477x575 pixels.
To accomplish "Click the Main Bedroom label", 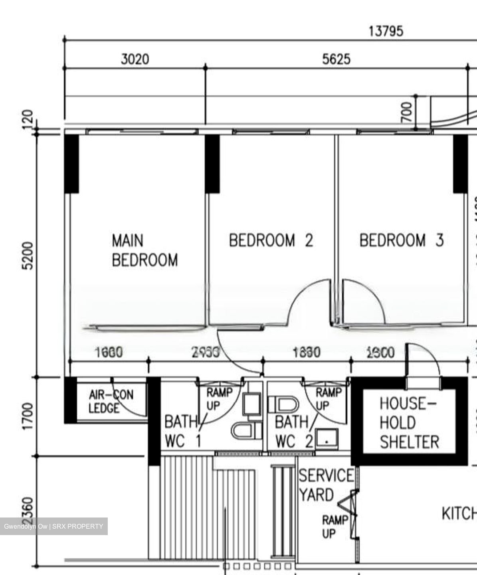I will coord(144,250).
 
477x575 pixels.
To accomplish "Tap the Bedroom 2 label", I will coord(271,240).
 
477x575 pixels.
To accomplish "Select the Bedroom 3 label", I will coord(401,240).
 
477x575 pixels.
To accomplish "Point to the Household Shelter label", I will coord(409,423).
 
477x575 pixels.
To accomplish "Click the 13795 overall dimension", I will coord(385,31).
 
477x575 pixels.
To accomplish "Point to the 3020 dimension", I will coord(135,59).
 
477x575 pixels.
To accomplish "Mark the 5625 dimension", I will coord(336,59).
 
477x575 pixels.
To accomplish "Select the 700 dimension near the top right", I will coord(406,112).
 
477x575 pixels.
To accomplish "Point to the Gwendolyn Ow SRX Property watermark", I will coord(53,526).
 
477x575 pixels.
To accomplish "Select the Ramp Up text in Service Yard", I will coord(334,527).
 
